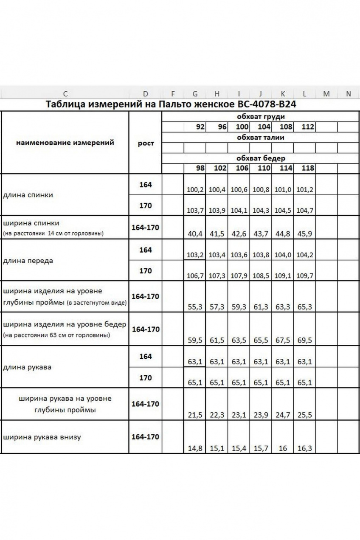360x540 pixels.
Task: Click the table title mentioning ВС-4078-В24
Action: coord(170,104)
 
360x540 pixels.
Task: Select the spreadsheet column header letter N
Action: coord(348,94)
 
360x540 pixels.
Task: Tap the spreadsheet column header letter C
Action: coord(65,94)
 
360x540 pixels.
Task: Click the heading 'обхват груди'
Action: coord(261,117)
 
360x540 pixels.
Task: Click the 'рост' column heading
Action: coord(146,143)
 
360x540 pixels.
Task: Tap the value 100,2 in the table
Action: coord(195,190)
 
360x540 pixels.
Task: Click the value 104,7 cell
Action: coord(305,211)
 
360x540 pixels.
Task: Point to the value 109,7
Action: coord(305,276)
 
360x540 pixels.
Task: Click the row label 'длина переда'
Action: coord(28,261)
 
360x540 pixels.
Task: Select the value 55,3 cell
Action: coord(195,307)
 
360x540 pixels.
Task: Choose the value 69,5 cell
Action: coord(305,340)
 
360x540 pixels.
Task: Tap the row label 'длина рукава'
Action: coord(27,367)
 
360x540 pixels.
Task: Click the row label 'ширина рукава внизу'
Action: coord(42,437)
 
